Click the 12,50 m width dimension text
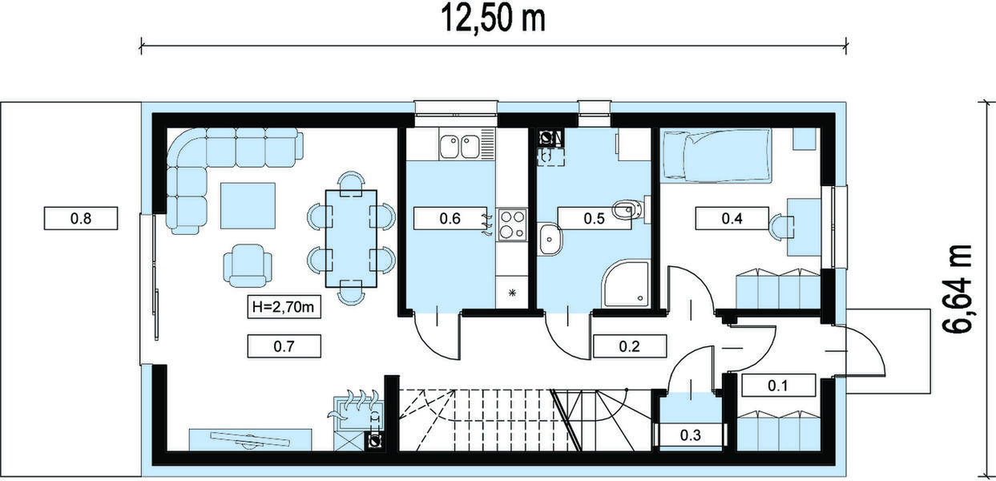pos(494,18)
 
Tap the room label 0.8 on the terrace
pos(82,218)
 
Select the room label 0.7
pos(284,346)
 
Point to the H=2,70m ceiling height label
pos(284,307)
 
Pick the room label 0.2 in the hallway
pos(630,346)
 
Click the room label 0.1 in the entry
pos(778,386)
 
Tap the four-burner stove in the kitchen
pos(511,224)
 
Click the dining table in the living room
pos(351,239)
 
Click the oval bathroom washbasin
pos(550,238)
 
